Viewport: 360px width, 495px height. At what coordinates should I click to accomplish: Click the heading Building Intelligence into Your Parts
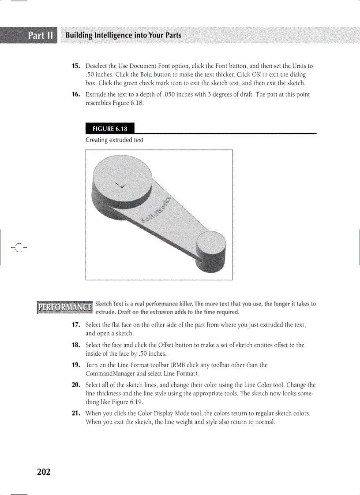click(123, 35)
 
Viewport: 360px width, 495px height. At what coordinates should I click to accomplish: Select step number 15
click(76, 66)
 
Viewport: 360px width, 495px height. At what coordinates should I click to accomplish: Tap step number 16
click(76, 95)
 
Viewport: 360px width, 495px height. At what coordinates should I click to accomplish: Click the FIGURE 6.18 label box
click(110, 129)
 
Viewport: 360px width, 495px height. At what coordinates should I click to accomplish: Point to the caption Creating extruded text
click(114, 140)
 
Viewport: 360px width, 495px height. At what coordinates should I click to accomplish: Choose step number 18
click(76, 345)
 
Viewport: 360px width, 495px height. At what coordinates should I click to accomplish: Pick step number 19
click(76, 365)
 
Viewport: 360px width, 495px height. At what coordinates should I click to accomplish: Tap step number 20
click(76, 385)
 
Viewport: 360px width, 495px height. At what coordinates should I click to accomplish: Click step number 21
click(76, 413)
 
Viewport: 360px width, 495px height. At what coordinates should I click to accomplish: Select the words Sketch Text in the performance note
click(109, 304)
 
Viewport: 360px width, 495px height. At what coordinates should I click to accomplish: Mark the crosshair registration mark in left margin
click(18, 248)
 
